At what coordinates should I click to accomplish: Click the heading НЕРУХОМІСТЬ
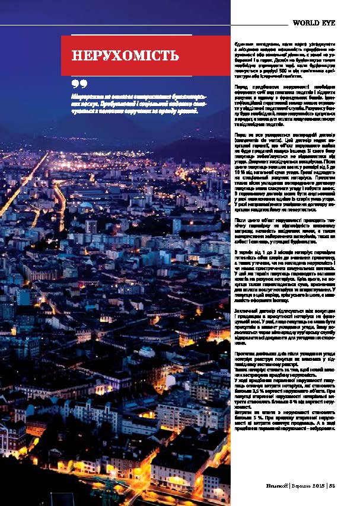click(125, 56)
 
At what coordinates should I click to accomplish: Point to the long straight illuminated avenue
click(24, 184)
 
